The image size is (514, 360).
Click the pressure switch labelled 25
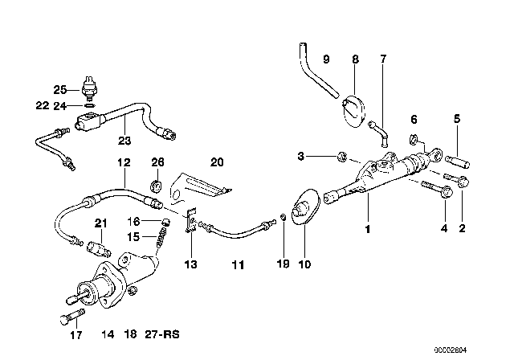(x=89, y=88)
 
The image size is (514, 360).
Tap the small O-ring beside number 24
(x=90, y=105)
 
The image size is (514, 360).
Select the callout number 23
(x=124, y=141)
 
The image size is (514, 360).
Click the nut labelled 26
(x=156, y=186)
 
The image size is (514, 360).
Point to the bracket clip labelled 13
(x=191, y=220)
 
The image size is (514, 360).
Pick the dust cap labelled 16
(x=166, y=221)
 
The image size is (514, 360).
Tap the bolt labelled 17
(x=73, y=316)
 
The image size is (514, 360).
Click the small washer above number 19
(x=284, y=218)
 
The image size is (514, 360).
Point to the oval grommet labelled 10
(x=304, y=206)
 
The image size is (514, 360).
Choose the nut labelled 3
(x=342, y=157)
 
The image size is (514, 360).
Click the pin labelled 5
(x=458, y=162)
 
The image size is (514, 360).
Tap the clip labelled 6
(x=414, y=139)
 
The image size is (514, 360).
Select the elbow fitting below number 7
(x=379, y=133)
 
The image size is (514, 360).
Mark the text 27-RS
(x=162, y=334)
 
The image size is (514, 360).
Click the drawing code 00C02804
(x=450, y=350)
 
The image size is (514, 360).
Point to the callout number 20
(x=217, y=162)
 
